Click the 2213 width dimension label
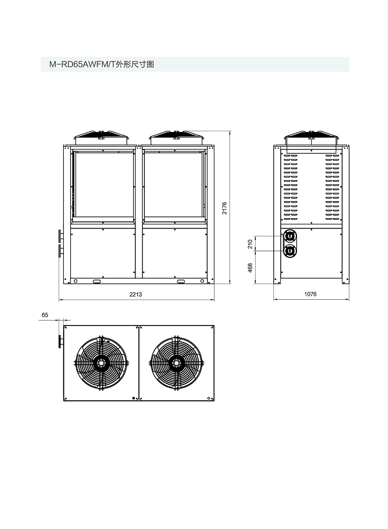click(x=136, y=294)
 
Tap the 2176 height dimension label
click(x=224, y=208)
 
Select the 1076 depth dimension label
click(x=310, y=294)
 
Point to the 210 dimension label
click(x=250, y=244)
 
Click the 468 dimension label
click(x=250, y=267)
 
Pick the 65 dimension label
click(x=45, y=315)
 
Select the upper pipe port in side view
click(x=290, y=236)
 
